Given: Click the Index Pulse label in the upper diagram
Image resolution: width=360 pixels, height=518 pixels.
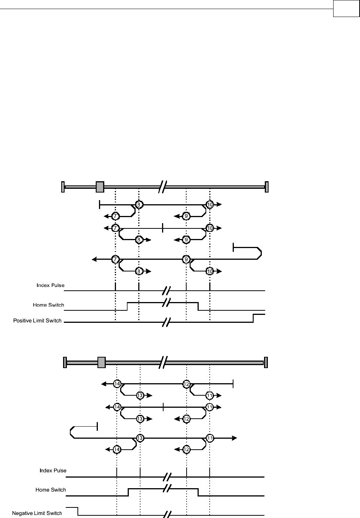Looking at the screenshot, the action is pos(50,285).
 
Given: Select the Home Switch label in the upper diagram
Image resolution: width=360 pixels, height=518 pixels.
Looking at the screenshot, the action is pos(48,305).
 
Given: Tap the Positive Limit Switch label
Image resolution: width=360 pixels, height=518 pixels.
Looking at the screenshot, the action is pos(37,321).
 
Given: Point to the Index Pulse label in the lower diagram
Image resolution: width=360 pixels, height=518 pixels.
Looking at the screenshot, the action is pos(53,471).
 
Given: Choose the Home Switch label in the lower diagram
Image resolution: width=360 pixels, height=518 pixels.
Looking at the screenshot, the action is pos(51,490).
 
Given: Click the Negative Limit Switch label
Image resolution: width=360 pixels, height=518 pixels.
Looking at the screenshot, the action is pos(37,513).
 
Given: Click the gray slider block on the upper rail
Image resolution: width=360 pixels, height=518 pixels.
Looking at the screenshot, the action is pos(100,187).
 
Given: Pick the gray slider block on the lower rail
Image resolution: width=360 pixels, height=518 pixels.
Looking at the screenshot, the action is pos(101,362).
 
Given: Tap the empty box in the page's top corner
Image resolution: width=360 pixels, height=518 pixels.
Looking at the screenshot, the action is pos(346,9).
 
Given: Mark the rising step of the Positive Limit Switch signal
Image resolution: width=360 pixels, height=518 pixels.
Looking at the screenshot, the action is pos(253,318).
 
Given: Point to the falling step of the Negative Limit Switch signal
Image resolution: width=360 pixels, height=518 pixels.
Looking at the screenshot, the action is pos(78,511).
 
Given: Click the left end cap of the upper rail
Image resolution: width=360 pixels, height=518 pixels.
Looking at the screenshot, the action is pos(63,187).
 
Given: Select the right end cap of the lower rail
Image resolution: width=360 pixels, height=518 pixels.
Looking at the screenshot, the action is pos(266,362).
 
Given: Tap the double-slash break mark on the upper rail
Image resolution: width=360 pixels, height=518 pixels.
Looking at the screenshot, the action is pos(163,187).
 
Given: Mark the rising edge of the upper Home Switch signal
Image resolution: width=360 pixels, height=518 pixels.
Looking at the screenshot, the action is pos(127,306).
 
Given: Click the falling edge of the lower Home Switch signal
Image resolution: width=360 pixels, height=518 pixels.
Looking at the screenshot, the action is pos(198,492).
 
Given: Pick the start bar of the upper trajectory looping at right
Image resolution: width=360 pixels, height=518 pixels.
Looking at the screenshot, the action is pos(233,248).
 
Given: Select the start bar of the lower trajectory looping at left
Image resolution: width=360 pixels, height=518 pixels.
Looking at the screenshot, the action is pos(97,426).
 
